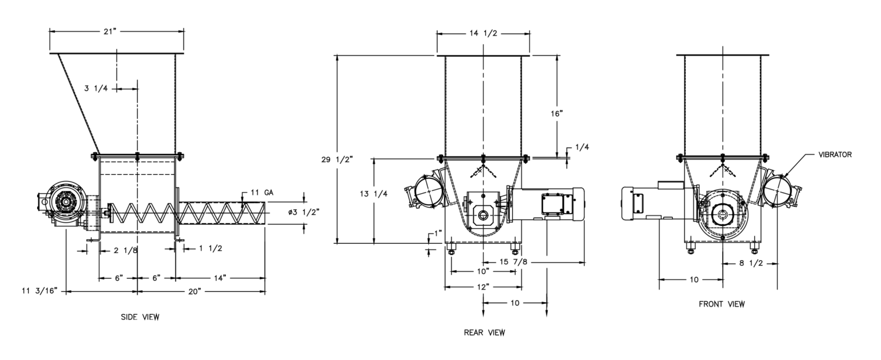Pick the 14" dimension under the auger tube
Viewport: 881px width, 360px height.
click(220, 277)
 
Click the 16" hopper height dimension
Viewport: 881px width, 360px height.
click(557, 114)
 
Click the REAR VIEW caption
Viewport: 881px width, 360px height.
click(484, 332)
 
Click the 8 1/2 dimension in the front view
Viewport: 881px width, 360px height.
click(749, 264)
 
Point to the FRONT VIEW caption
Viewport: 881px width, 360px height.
click(722, 304)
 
